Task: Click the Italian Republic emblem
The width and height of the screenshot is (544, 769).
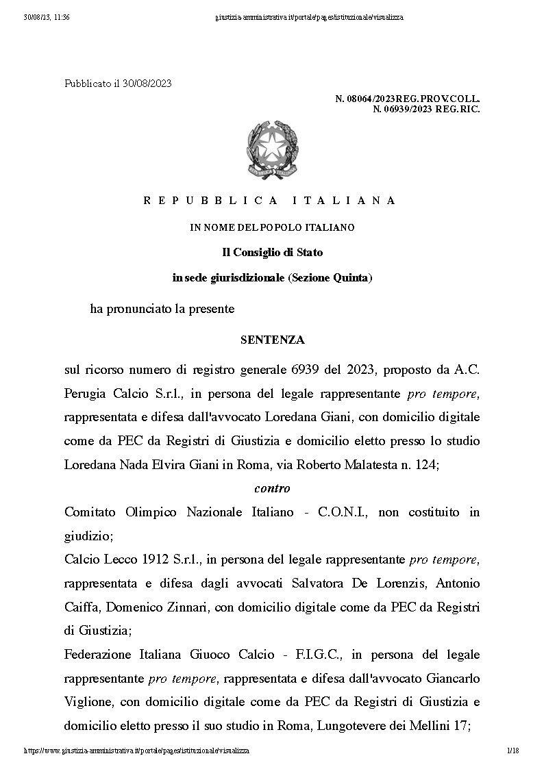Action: (x=272, y=150)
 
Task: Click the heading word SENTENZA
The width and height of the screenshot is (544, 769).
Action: (x=272, y=340)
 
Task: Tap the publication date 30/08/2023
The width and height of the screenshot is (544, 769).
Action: (x=147, y=84)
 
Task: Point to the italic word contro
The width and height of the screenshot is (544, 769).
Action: (x=272, y=488)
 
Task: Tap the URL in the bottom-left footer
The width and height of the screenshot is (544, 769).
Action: (x=136, y=751)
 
